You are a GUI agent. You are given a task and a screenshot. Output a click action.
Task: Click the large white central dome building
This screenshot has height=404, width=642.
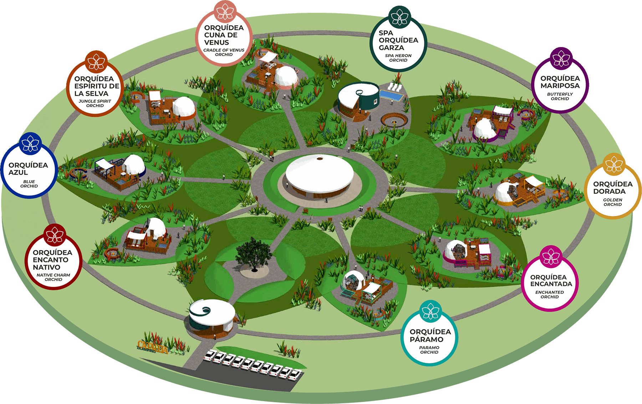320,173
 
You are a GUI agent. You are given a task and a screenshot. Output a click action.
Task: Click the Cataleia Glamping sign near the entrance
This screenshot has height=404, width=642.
153,347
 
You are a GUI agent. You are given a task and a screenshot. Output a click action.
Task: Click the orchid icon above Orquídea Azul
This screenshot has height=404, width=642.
30,144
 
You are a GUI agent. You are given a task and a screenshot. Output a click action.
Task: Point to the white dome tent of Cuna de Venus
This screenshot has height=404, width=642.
286,76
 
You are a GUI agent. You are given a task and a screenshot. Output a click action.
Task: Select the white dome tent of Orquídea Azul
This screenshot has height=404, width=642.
134,165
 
